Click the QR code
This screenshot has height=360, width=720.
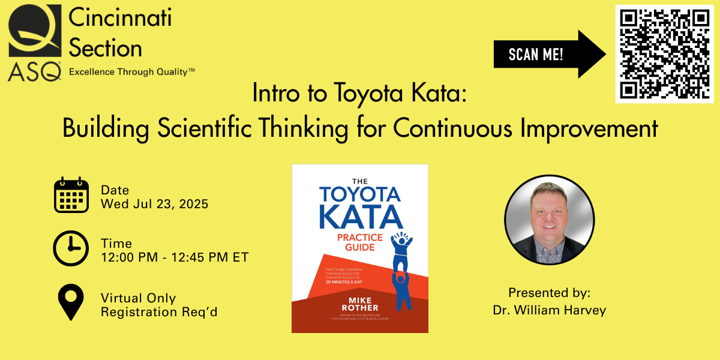point(665,53)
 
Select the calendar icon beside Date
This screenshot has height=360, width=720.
point(71,196)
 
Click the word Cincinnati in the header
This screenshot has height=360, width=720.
point(120,18)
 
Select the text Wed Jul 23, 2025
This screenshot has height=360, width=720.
point(154,204)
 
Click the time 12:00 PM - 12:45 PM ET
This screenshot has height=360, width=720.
point(174,257)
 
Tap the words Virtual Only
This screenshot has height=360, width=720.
point(139,298)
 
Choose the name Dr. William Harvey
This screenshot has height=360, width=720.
point(549,310)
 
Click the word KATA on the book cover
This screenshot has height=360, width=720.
point(360,218)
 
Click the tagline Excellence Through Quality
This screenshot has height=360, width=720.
point(132,72)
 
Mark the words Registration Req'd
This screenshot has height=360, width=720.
point(159,312)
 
